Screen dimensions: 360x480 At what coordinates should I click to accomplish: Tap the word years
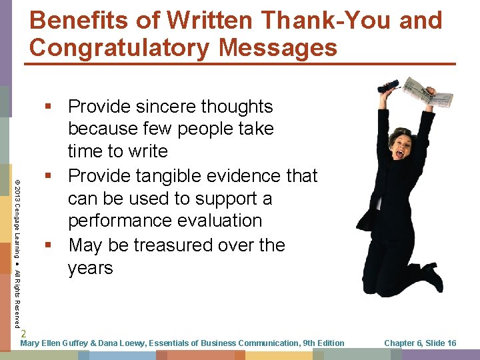pyautogui.click(x=91, y=269)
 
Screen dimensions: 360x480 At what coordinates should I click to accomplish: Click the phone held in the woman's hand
pyautogui.click(x=388, y=86)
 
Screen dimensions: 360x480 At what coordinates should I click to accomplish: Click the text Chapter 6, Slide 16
pyautogui.click(x=420, y=343)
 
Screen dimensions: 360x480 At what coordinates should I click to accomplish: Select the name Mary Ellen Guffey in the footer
pyautogui.click(x=55, y=343)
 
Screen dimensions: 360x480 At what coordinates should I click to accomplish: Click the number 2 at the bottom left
pyautogui.click(x=23, y=333)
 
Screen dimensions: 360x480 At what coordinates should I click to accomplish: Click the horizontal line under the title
pyautogui.click(x=240, y=64)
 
